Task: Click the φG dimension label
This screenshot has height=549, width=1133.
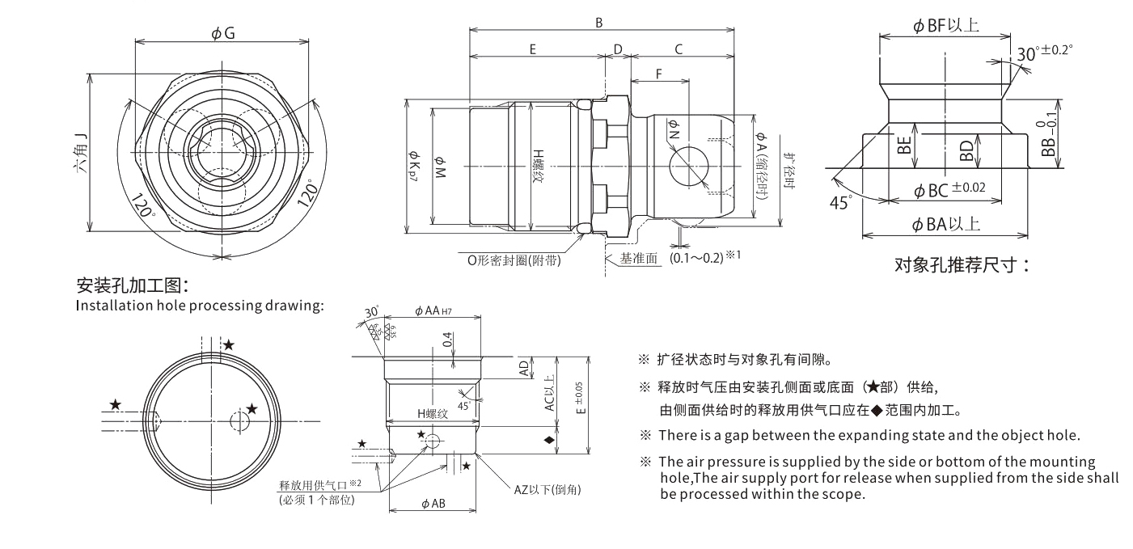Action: (x=223, y=32)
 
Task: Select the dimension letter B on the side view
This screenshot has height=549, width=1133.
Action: (x=599, y=23)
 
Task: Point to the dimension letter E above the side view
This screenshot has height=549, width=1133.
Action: (x=534, y=49)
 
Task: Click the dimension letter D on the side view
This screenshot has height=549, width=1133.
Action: (x=618, y=49)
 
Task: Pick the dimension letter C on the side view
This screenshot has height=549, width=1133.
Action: (x=679, y=49)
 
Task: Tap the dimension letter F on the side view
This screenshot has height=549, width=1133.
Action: (x=659, y=74)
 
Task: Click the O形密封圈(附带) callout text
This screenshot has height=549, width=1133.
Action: (x=514, y=260)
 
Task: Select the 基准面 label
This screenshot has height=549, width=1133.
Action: (x=640, y=260)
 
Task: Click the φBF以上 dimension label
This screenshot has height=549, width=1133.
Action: (x=946, y=26)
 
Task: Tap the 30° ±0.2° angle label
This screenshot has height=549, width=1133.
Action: (x=1043, y=53)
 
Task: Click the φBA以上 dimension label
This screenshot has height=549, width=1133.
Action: (x=947, y=225)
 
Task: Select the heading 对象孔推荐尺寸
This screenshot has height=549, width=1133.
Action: (x=962, y=265)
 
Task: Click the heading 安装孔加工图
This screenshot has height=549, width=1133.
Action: (x=133, y=285)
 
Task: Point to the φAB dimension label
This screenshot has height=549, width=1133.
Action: (x=433, y=504)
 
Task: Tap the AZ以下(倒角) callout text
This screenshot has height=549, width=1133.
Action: (x=547, y=490)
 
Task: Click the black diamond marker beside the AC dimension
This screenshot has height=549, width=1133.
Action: (x=549, y=441)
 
